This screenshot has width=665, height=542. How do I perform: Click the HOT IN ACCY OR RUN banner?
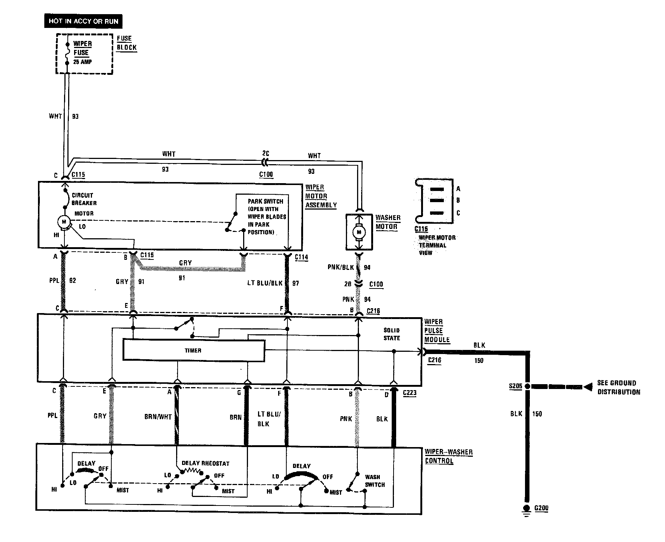coord(83,21)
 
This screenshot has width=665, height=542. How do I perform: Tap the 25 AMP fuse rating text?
coord(82,62)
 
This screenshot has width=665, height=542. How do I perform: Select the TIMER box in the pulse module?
coord(194,350)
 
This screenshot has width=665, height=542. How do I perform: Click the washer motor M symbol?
coord(359,232)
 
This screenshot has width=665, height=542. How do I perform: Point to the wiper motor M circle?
coord(64,222)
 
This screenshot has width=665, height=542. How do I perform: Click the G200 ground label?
coord(541,508)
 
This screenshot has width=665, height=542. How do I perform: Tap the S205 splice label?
coord(515,386)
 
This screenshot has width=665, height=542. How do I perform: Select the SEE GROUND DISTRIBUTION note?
coord(618,387)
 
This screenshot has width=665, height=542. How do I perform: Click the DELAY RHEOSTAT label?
coord(205,463)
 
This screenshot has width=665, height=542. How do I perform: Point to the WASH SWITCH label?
coord(375,481)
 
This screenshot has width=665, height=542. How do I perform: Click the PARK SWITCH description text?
coord(267,216)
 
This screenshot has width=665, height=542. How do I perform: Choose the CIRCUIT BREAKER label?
coord(84,199)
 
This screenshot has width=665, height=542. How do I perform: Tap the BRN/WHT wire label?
coord(158,417)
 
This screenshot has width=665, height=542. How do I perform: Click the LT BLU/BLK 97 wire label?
coord(273,283)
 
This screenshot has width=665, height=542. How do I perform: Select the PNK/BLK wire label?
coord(341,267)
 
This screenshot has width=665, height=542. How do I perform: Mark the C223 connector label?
coord(409,393)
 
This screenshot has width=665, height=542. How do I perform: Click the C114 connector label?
coord(301,257)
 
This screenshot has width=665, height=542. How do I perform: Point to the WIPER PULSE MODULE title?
coord(437,331)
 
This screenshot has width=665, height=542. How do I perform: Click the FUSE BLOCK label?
coord(127,43)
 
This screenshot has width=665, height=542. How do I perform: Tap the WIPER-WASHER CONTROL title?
coord(449,456)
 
